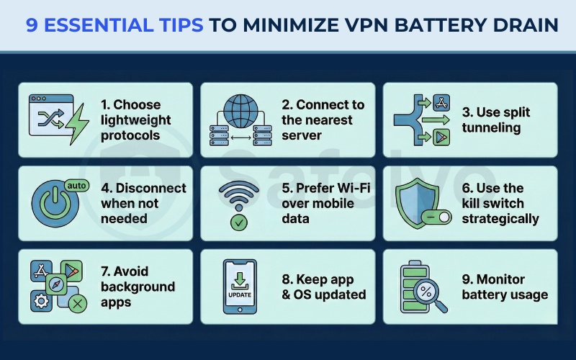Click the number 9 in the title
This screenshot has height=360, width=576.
[x=32, y=25]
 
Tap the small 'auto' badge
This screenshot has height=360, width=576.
[x=76, y=185]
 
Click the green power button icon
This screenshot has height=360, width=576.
[x=54, y=204]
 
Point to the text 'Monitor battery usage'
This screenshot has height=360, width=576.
[x=503, y=287]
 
